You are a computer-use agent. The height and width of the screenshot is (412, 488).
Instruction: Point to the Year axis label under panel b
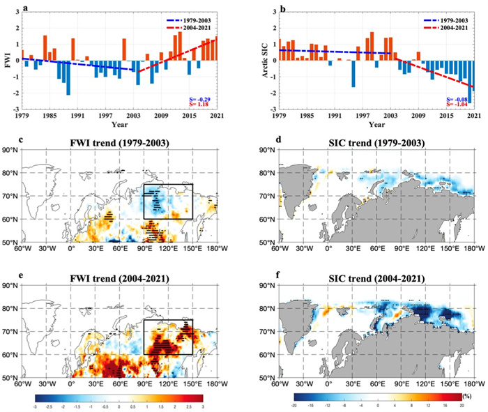coord(376,125)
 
